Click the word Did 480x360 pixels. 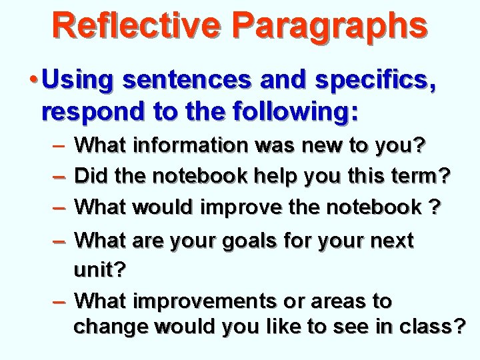click(92, 176)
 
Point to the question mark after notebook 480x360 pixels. click(434, 207)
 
